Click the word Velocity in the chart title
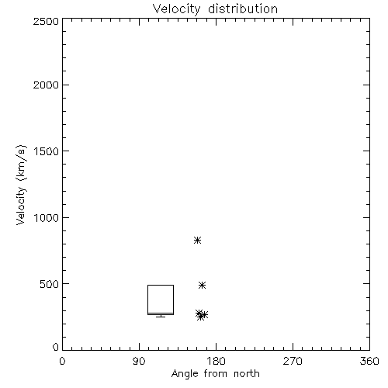[177, 9]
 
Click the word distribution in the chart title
[243, 9]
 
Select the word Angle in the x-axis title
[185, 374]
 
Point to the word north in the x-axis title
[247, 373]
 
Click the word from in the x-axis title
[216, 373]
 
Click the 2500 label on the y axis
[46, 21]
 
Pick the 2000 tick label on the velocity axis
[46, 85]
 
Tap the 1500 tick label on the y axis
[47, 151]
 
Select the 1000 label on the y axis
[47, 218]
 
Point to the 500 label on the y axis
[50, 284]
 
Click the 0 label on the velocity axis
[56, 347]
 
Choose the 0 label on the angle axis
[62, 361]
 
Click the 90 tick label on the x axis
[139, 361]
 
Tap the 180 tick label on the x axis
[216, 361]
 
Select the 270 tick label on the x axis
[293, 361]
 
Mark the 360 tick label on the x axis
[369, 361]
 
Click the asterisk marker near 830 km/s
[198, 241]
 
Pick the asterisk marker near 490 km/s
[202, 286]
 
